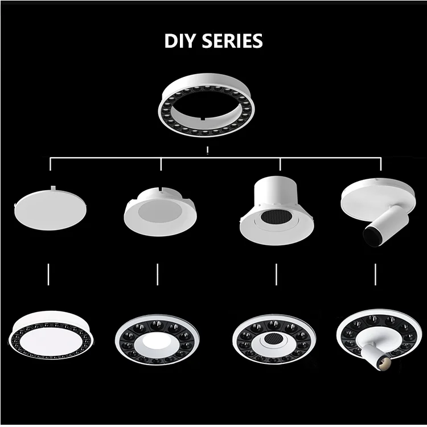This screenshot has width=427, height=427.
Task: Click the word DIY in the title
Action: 180,41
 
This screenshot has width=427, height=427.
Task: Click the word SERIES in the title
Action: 232,41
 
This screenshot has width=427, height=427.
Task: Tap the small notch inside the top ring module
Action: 203,119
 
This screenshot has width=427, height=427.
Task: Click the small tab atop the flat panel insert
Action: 54,188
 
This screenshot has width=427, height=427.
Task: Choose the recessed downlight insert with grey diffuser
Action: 160,212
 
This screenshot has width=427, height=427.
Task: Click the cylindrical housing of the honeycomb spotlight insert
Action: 275,192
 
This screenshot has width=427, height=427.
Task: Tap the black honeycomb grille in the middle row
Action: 276,216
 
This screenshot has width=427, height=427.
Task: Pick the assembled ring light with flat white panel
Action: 51,335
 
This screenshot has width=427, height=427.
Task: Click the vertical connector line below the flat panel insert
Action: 48,274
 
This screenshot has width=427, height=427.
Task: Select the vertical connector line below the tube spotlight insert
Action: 376,274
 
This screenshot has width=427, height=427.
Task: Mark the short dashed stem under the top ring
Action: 207,151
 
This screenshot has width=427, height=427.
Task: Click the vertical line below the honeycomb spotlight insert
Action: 276,274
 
